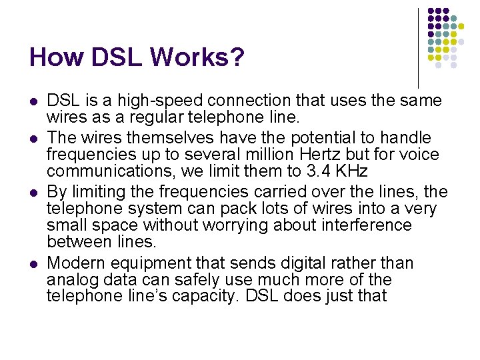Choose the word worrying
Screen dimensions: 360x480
tap(245, 225)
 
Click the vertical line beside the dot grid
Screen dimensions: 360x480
tap(418, 47)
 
